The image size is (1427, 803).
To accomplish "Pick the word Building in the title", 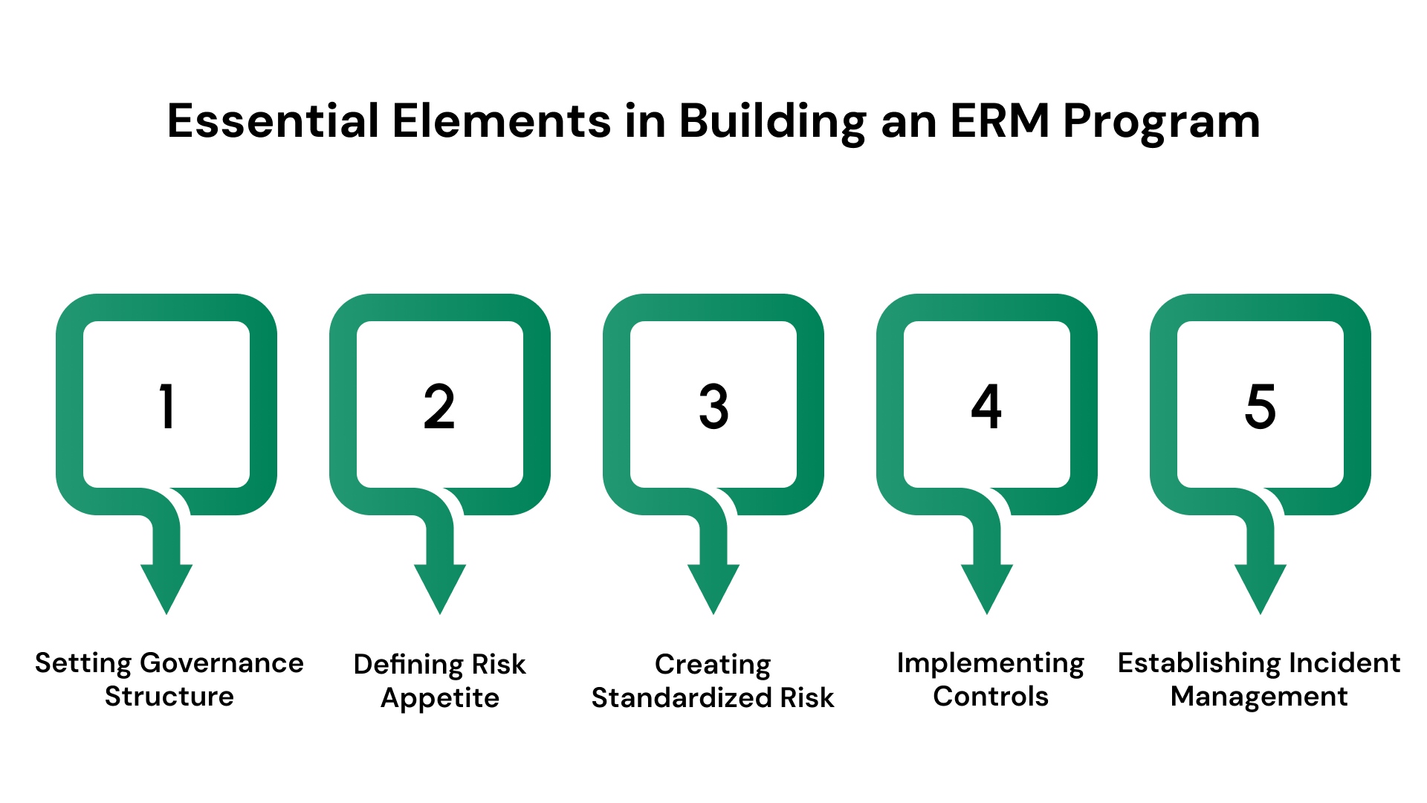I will click(x=772, y=122).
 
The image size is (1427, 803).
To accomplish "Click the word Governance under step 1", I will click(x=221, y=663).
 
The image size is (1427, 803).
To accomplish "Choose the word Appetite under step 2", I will click(x=440, y=699).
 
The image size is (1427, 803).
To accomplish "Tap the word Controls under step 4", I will click(x=991, y=697).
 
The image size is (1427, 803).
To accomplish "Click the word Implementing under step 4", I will click(x=991, y=663).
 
